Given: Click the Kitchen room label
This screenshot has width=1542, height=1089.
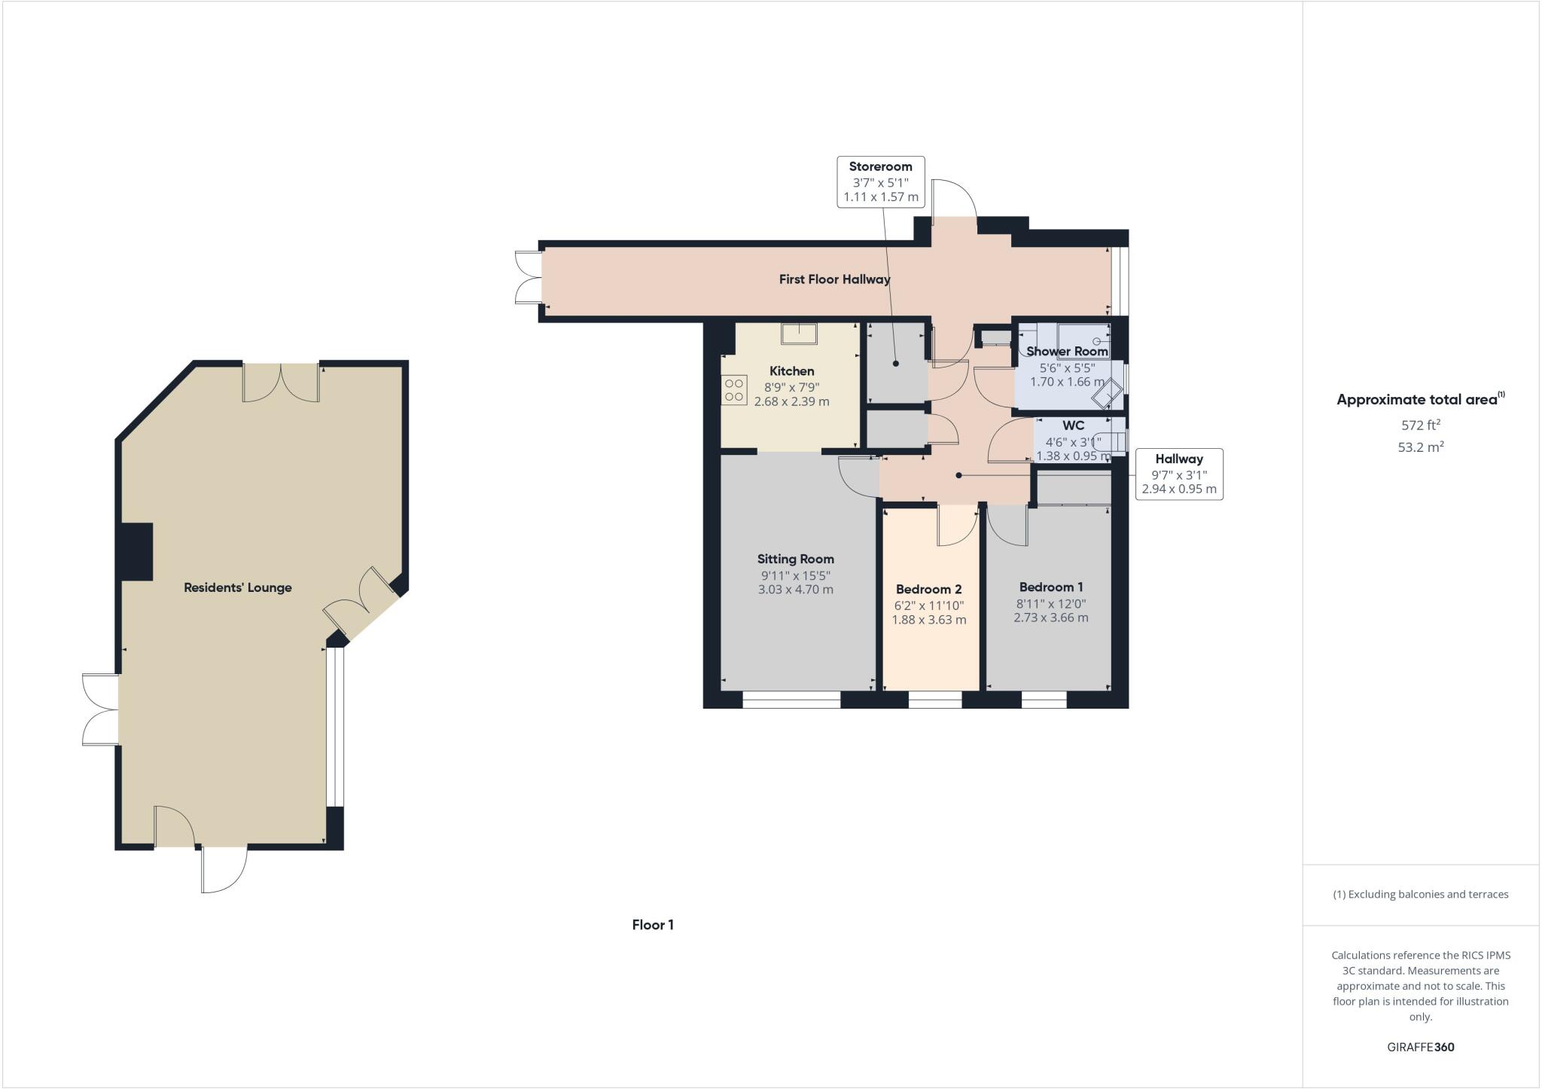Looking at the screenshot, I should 791,371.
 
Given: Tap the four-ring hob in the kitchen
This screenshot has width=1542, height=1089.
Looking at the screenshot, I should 733,391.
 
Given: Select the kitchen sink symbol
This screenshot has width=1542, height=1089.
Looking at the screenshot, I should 798,333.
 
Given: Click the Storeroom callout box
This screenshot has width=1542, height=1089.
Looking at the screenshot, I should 880,181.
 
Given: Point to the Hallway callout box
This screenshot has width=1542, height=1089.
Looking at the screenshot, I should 1178,474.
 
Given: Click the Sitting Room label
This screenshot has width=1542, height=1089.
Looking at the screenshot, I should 795,559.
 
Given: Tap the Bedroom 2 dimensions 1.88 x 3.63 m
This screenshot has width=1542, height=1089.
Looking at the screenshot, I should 928,620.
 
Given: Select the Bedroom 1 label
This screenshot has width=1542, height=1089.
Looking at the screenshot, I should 1050,587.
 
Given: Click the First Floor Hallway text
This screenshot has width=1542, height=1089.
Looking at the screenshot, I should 834,279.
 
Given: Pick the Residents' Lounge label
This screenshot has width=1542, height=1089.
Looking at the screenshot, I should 237,587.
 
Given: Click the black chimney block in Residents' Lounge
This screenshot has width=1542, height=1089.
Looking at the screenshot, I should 136,551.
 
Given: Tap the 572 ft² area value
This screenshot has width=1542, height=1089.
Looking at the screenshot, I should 1420,424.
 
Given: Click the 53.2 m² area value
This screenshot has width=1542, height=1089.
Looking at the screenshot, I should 1420,447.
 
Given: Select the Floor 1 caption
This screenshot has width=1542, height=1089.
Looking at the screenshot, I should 652,925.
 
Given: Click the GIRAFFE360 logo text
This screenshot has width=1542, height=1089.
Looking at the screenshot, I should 1420,1047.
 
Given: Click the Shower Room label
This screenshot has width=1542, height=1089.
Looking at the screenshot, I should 1067,351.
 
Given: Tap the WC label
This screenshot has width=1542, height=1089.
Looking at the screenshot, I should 1073,426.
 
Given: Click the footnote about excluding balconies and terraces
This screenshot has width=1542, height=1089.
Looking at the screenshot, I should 1420,895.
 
